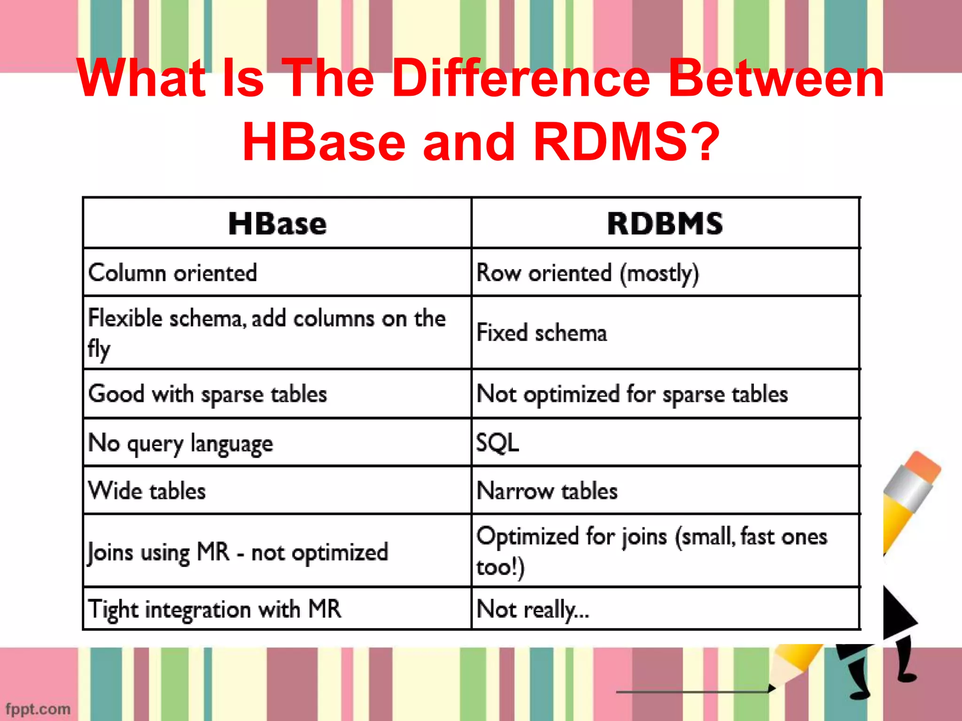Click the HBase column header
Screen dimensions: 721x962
(277, 223)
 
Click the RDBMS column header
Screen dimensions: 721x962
(665, 223)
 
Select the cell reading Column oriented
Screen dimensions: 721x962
(173, 273)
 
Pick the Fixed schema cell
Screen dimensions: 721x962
(542, 333)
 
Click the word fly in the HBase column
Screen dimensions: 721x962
(99, 349)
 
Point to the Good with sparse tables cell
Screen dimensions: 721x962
(208, 394)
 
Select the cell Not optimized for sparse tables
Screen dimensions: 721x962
(632, 394)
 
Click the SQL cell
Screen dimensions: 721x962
(497, 443)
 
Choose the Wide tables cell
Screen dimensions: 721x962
(147, 491)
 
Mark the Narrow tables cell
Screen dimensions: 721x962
(547, 491)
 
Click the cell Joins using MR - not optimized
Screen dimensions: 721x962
(238, 552)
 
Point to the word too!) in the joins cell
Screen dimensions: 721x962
(500, 567)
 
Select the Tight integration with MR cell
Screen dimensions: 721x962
(215, 609)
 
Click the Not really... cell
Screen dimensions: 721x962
(532, 609)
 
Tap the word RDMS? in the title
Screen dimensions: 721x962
(627, 142)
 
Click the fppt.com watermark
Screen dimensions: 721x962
(38, 708)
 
